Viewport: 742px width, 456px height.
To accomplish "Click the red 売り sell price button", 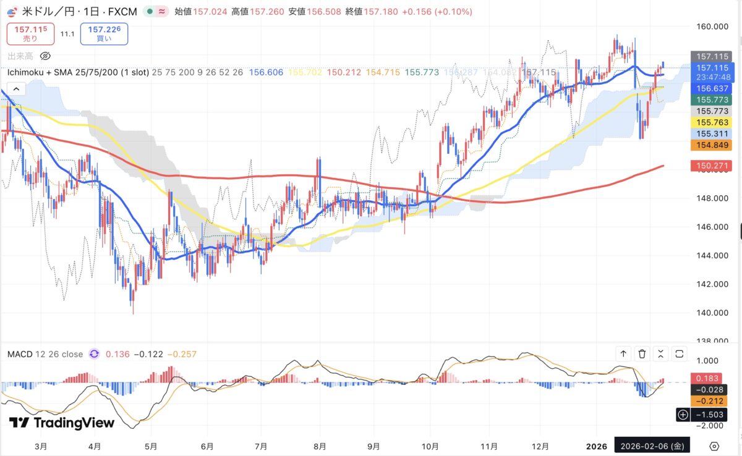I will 30,33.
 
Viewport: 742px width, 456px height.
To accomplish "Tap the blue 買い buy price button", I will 104,33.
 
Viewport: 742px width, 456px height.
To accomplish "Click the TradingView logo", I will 62,423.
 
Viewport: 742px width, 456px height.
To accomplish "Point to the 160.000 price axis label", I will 710,26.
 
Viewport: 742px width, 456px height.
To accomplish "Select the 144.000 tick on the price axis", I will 710,255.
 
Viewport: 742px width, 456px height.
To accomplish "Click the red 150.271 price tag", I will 711,166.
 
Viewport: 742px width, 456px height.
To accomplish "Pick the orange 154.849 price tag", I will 711,145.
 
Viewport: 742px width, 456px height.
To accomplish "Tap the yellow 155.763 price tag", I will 711,122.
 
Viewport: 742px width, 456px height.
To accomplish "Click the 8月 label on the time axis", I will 320,445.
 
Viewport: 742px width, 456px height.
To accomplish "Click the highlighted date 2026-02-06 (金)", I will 651,445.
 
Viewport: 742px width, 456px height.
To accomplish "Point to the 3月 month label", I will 41,445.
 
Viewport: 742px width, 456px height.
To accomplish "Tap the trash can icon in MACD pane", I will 642,354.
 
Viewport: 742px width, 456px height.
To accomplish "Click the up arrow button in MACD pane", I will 623,354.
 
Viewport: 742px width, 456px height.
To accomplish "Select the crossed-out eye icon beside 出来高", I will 44,56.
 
